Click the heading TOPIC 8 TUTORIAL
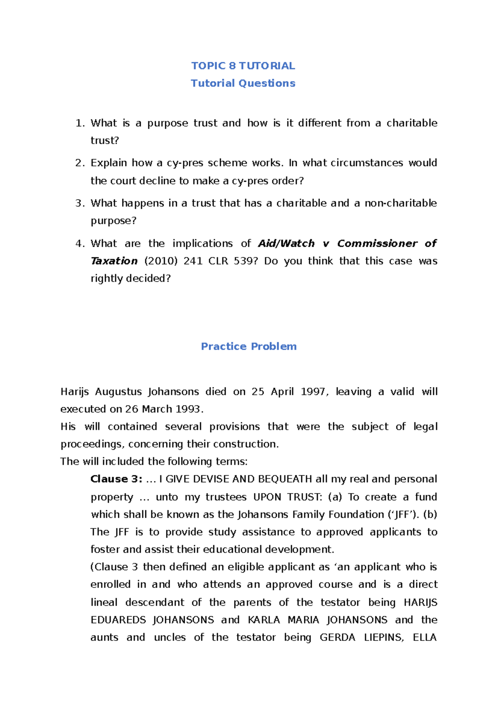pos(243,66)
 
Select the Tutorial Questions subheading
pos(243,83)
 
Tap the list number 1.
pos(79,123)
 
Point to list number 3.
pos(79,203)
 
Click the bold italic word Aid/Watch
pos(286,243)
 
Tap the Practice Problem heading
pos(249,346)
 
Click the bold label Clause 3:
pos(117,479)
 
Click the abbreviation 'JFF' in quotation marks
pos(402,514)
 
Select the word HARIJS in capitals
pos(420,602)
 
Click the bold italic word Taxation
pos(114,261)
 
